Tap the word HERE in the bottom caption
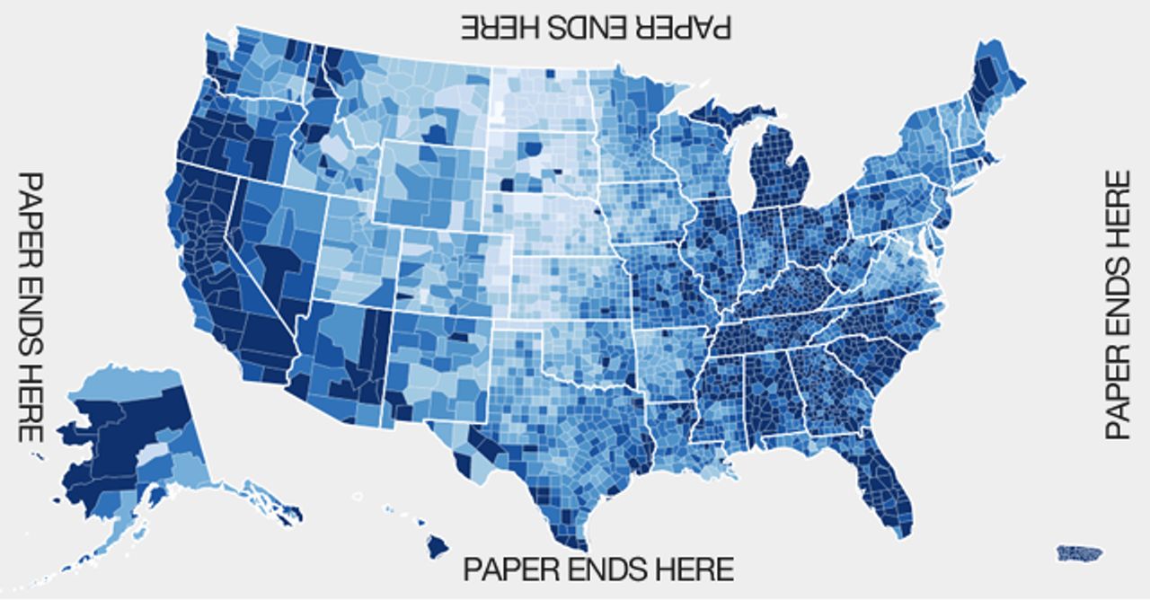click(x=692, y=569)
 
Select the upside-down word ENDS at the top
click(x=597, y=27)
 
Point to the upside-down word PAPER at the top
click(x=687, y=27)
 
